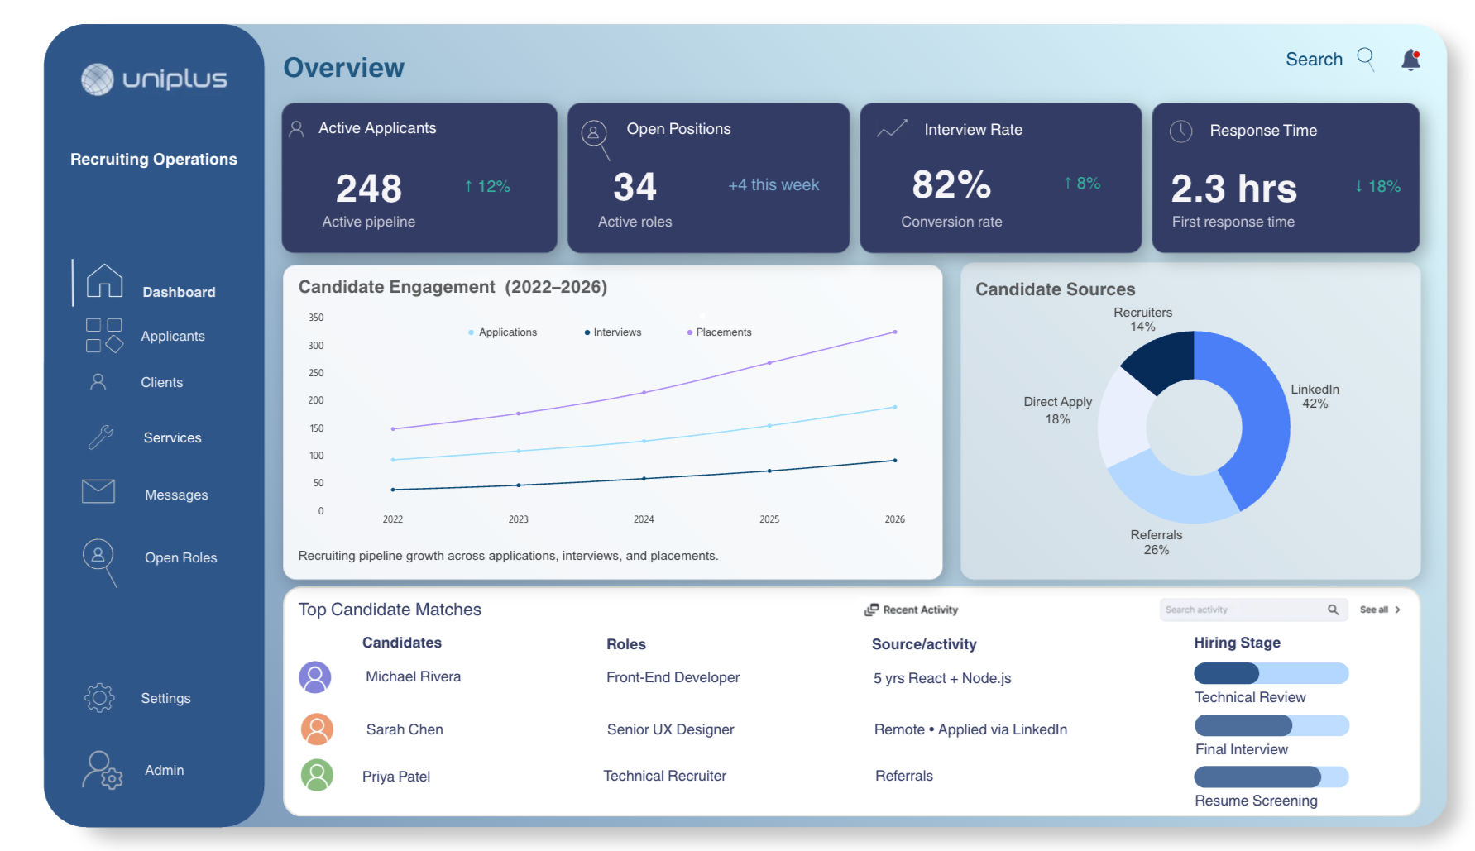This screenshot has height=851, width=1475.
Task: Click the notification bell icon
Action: click(1410, 60)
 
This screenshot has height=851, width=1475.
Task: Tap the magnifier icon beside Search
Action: click(1366, 60)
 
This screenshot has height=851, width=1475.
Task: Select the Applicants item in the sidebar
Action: click(173, 336)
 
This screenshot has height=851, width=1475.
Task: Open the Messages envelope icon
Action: click(98, 491)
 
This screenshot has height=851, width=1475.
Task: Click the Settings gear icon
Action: click(99, 698)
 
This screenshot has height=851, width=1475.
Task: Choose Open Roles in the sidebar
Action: click(181, 557)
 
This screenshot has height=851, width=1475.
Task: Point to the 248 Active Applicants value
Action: click(369, 189)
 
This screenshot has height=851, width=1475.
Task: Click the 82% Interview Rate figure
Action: click(951, 184)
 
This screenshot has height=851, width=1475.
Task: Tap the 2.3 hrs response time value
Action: click(1234, 189)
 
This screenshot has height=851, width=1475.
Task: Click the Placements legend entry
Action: click(720, 332)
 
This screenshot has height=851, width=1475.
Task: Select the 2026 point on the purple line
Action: click(895, 332)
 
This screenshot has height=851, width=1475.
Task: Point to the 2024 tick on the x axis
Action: click(644, 519)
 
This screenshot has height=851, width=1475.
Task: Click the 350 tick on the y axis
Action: click(316, 318)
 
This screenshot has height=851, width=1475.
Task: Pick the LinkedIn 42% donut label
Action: click(1315, 396)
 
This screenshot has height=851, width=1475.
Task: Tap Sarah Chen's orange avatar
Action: click(317, 729)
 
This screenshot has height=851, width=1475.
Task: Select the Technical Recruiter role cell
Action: click(665, 776)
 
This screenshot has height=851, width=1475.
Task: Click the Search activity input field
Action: click(1253, 610)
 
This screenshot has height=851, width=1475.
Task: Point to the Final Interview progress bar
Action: click(1271, 725)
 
